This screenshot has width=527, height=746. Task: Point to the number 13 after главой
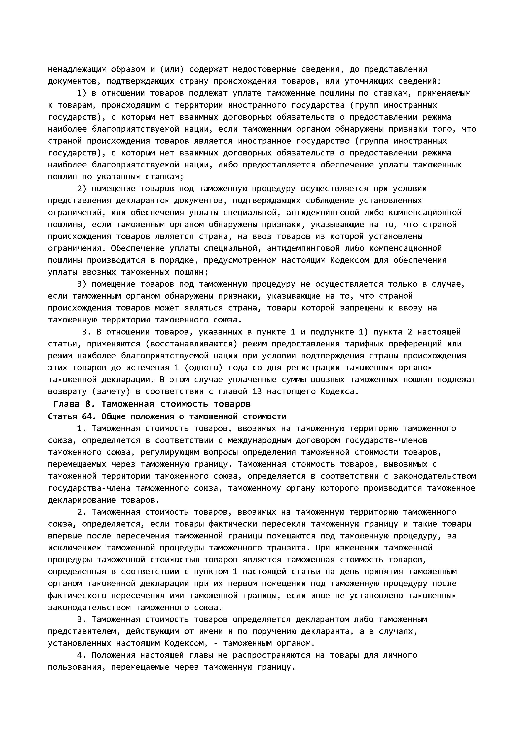[257, 392]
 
